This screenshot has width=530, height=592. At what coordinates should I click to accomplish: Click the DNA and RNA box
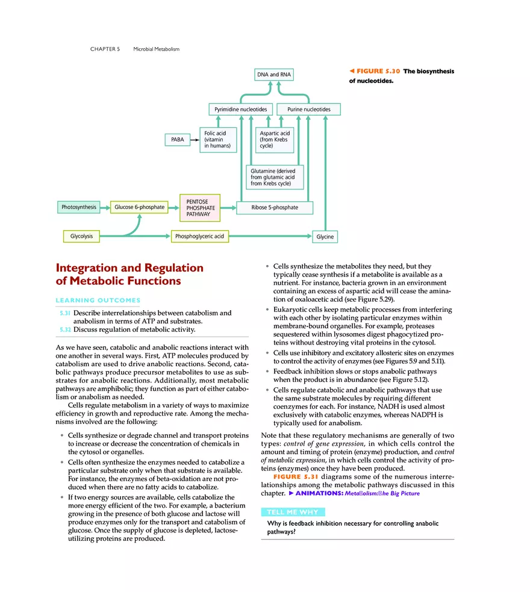click(272, 75)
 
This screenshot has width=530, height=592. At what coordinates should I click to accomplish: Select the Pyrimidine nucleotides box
click(240, 110)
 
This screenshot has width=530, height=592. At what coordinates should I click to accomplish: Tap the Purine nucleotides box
click(308, 110)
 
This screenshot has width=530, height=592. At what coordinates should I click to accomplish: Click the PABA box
click(177, 140)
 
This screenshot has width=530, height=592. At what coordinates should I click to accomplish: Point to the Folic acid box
click(217, 140)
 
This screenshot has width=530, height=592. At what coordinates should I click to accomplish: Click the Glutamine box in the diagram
click(274, 177)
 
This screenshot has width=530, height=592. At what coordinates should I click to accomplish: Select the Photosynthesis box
click(79, 207)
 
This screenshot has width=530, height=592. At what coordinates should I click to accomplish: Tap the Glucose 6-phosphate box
click(139, 207)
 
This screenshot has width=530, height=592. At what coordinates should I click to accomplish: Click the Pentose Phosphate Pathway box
click(200, 208)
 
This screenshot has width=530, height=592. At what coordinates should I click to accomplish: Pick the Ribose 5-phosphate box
click(275, 208)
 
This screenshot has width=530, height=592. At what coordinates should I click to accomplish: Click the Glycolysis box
click(81, 236)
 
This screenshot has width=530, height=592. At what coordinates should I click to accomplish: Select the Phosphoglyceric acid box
click(199, 236)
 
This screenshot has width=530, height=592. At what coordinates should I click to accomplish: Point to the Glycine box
click(325, 237)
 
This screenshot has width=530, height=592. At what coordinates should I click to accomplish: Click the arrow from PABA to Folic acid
click(194, 140)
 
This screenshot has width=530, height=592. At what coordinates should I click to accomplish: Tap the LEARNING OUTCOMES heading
click(98, 300)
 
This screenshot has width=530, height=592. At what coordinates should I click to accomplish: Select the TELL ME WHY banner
click(293, 513)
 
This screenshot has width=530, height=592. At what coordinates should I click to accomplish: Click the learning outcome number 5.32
click(65, 329)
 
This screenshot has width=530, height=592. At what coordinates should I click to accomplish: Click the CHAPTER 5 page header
click(105, 49)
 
